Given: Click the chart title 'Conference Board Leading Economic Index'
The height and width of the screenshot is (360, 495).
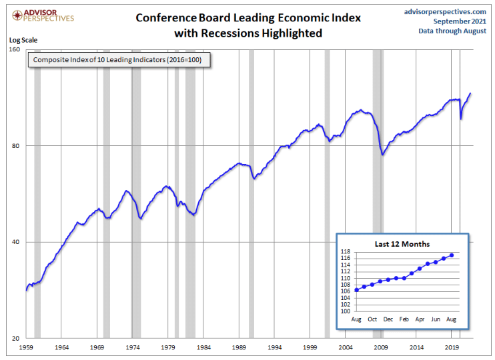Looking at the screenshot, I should point(247,17).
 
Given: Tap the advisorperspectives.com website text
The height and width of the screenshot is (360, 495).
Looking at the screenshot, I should point(446,11).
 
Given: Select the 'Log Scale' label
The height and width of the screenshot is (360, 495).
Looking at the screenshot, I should point(23,39).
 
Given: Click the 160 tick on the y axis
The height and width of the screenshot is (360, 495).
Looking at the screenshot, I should point(14,50).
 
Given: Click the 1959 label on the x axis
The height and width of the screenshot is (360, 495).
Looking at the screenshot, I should point(26,347).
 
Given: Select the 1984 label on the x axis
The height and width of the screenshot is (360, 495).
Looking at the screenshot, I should point(203,347).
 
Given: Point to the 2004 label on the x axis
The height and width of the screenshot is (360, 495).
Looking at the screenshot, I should point(346,347).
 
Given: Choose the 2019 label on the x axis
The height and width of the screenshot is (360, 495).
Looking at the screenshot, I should point(452,347).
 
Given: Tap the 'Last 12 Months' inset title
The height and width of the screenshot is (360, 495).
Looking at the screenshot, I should point(402,244).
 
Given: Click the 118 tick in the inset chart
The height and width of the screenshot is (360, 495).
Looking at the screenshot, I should point(346,252).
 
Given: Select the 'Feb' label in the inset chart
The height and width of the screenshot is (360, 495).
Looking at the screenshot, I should point(404,320).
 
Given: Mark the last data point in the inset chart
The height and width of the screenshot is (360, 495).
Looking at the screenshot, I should point(452,255).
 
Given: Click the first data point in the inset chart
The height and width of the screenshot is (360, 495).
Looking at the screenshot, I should point(356,290).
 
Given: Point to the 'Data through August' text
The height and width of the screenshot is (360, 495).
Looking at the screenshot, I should point(452,31).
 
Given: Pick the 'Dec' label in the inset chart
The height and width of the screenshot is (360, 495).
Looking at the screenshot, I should point(388,320).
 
